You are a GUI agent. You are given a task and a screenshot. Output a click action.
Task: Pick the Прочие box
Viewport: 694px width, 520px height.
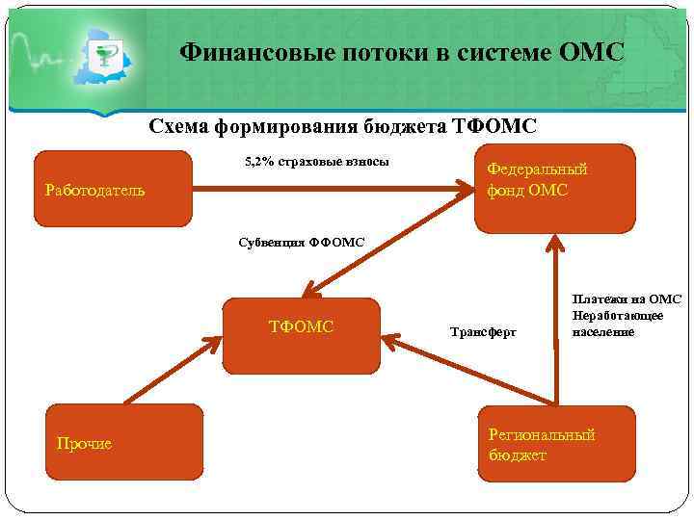pos(124,442)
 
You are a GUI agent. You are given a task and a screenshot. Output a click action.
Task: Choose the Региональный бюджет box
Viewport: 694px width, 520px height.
pos(557,442)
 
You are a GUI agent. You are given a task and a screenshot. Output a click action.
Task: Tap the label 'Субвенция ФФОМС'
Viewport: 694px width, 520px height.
pos(302,242)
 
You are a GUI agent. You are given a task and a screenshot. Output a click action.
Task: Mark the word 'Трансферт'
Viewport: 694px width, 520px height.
pos(483,332)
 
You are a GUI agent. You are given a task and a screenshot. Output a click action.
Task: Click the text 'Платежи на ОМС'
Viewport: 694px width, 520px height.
pos(627,299)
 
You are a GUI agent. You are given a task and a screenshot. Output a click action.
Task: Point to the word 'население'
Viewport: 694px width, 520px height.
pos(603,331)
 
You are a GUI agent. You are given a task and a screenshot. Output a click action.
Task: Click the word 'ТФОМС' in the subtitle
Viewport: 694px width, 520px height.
pos(494,126)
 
